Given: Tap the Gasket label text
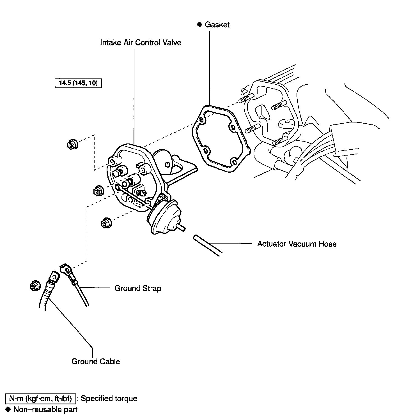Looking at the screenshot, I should pos(217,25).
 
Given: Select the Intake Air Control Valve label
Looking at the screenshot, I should pos(141,43).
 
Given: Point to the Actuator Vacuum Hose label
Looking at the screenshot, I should pos(297,244).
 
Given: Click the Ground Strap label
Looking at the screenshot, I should pos(138,288).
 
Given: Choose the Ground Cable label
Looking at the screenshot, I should pos(96,362).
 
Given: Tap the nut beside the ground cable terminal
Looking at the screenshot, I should pos(35,286).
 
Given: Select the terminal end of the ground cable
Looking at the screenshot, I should pos(53,277).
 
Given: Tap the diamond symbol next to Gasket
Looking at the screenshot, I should pos(199,25).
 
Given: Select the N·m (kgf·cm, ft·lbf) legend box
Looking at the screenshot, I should pos(40,399).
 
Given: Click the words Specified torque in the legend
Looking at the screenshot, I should pos(109,399).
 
